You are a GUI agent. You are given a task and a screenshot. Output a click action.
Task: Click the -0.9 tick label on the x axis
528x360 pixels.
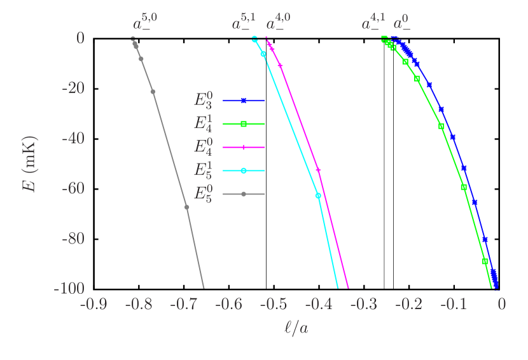93,305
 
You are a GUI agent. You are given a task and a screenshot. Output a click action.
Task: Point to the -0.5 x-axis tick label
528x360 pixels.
274,305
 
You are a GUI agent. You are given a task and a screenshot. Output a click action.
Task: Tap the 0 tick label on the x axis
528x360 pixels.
501,305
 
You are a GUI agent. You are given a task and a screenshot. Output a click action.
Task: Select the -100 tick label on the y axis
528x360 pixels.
69,288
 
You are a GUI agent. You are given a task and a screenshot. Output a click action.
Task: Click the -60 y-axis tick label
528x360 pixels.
73,188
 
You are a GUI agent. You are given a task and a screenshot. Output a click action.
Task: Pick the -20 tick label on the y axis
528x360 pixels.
73,88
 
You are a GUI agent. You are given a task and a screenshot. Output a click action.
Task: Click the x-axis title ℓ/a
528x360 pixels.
296,328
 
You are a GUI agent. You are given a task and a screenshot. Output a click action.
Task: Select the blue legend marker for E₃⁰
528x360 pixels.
244,100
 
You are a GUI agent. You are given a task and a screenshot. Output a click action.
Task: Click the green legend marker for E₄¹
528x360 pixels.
244,124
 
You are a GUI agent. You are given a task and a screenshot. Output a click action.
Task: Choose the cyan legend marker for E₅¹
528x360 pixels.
244,170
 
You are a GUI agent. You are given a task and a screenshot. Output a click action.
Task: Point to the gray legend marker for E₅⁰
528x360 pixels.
244,194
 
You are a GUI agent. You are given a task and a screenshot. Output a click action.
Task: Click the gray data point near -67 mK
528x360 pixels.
187,207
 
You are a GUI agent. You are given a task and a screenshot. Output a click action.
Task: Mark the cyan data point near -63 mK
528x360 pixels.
318,195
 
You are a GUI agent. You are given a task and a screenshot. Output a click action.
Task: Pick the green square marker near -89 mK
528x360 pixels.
485,261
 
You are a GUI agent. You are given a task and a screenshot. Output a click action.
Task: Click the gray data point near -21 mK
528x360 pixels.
153,92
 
